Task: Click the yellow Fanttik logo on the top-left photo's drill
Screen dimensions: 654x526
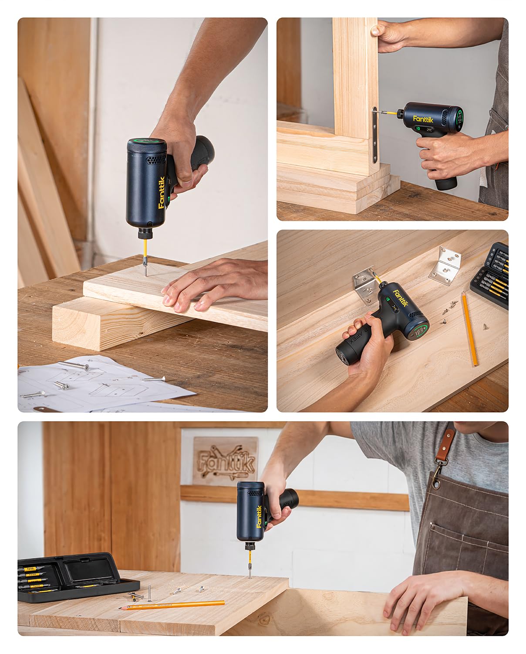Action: click(161, 193)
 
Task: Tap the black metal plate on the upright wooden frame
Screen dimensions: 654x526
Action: click(375, 135)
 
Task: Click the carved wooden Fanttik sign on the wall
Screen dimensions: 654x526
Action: click(225, 461)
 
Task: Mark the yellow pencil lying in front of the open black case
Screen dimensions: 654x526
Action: click(172, 605)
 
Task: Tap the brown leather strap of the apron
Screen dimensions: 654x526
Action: click(445, 447)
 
